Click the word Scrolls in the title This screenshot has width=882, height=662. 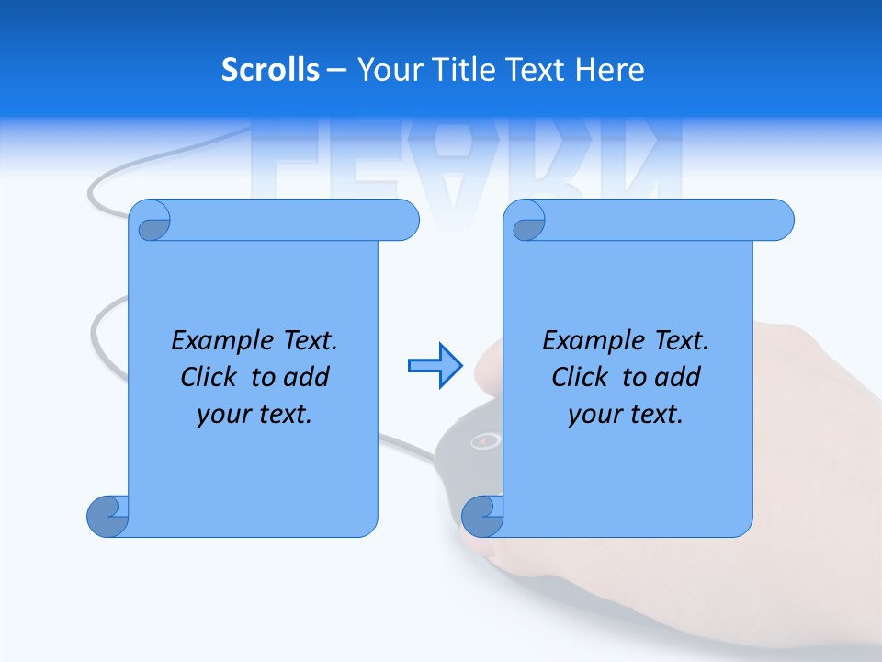point(270,70)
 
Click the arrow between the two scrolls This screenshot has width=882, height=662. point(435,366)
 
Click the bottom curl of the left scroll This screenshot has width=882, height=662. point(107,516)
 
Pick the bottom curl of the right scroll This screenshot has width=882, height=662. point(482,516)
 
